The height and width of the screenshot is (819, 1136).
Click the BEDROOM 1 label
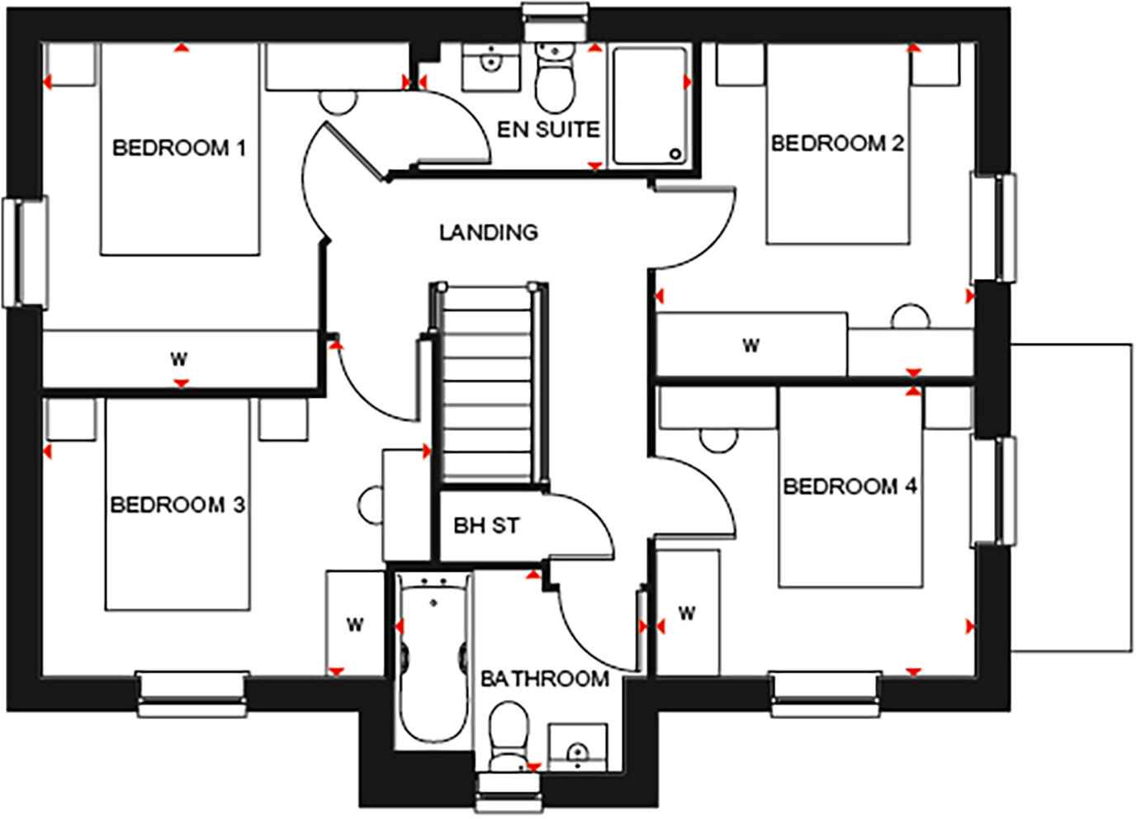click(178, 149)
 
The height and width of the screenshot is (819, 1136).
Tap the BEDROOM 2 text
click(837, 144)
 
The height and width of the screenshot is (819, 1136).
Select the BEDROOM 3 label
click(177, 504)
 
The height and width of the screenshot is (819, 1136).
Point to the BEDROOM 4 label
click(850, 486)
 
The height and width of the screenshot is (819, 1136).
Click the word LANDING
click(488, 233)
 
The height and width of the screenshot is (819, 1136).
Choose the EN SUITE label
click(547, 130)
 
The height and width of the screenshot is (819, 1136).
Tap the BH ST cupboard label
click(486, 525)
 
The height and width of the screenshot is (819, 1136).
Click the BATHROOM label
click(545, 679)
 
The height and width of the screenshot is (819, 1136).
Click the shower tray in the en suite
click(649, 106)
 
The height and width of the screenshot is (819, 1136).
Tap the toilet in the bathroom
click(507, 736)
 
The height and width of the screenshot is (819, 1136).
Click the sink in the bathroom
click(577, 747)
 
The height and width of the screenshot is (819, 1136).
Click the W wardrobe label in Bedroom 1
click(178, 359)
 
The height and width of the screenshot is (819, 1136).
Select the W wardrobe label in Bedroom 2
click(750, 345)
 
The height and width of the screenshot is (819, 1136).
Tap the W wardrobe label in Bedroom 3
click(354, 625)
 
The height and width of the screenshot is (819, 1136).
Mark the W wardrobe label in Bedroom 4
click(687, 613)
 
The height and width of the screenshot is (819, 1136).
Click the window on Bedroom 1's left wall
click(26, 252)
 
